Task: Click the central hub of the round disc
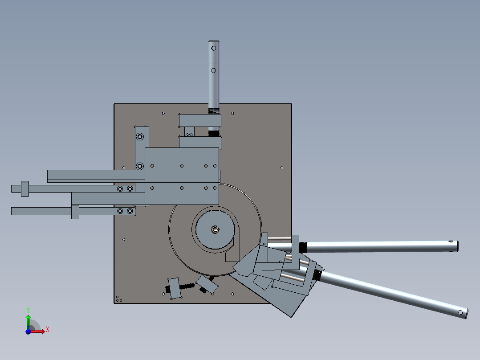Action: point(215,230)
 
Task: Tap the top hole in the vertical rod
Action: point(213,48)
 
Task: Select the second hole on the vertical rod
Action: point(213,70)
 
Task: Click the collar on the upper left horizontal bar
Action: point(24,188)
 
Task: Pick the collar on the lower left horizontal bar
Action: point(75,211)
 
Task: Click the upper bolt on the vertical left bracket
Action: point(140,137)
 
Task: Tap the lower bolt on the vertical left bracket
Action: point(140,166)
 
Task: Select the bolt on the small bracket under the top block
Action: point(189,135)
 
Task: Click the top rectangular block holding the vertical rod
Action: point(199,120)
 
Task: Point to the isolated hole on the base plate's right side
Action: point(281,168)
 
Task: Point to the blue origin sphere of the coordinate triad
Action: point(28,331)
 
